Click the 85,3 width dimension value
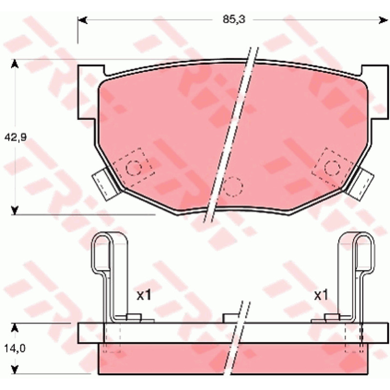click(234, 19)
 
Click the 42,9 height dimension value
click(16, 137)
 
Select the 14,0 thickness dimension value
click(15, 349)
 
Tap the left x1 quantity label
click(144, 295)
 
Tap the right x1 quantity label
click(321, 295)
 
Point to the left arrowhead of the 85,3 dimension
click(82, 20)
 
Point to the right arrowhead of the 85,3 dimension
click(383, 20)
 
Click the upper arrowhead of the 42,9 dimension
click(15, 64)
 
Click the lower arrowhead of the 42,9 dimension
click(15, 210)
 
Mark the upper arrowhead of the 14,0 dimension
click(15, 328)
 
